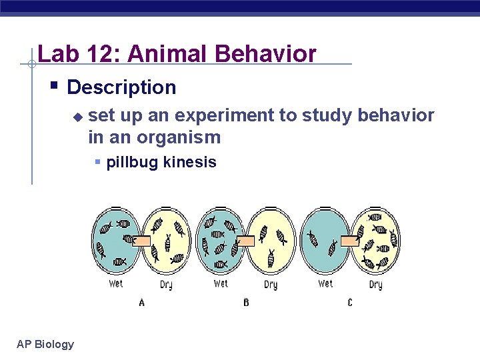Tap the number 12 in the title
point(99,53)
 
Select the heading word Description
point(121,87)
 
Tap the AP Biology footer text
point(45,344)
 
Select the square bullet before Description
point(55,87)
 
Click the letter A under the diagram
point(141,303)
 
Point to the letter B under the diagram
point(246,303)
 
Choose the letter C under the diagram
point(350,303)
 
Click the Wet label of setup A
point(115,284)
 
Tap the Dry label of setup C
point(375,285)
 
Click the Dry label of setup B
point(271,285)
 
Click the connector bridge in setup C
point(351,241)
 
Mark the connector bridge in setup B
point(246,241)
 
